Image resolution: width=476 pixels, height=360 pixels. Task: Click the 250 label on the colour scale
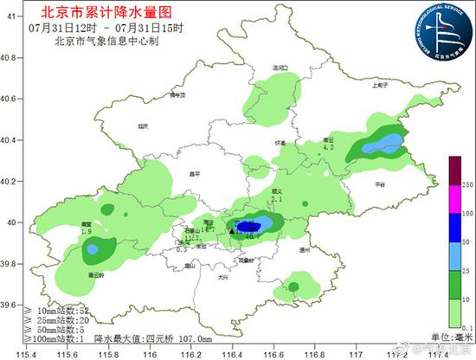(x=465, y=185)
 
